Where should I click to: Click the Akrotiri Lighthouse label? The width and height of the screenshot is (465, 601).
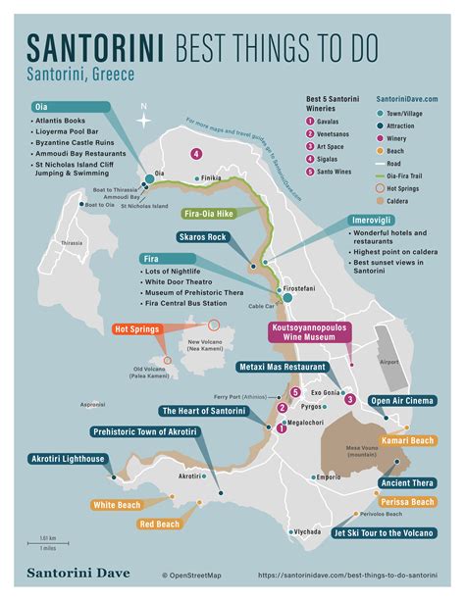click(56, 458)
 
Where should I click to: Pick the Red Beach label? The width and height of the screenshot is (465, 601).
click(159, 525)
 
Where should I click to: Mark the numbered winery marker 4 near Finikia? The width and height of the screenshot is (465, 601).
click(196, 153)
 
